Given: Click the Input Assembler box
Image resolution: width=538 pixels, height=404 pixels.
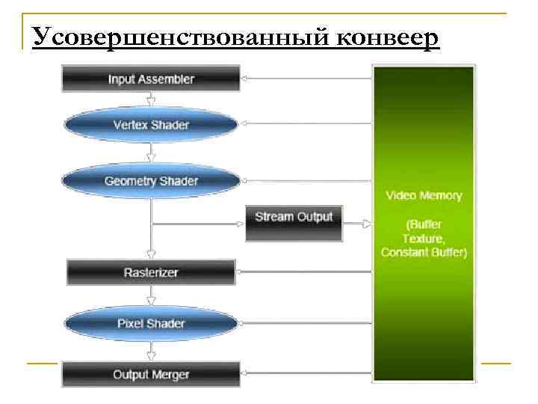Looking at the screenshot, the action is (151, 79).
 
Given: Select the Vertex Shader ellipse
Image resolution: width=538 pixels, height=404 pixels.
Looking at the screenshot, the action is (151, 125).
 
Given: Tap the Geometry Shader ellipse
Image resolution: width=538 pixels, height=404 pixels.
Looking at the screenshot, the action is (151, 181).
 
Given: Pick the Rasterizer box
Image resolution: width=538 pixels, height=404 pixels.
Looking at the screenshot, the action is (151, 272).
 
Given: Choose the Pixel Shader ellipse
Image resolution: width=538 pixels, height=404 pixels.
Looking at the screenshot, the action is (151, 323).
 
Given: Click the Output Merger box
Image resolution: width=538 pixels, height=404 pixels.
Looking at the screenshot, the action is (151, 374).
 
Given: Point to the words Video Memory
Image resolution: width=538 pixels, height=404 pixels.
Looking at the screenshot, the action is (424, 196).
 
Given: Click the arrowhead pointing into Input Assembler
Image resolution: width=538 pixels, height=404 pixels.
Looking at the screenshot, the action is (245, 78).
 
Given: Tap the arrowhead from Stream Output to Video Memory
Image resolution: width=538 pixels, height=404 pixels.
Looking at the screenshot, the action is (368, 223).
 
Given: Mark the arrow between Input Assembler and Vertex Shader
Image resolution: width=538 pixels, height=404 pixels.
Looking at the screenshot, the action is (151, 100).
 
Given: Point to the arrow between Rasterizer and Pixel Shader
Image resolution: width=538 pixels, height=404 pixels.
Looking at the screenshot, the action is (151, 296).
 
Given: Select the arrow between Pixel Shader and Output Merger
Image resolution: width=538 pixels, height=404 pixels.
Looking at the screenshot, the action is (151, 349).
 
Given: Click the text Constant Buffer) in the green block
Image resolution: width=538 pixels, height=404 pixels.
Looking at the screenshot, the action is (424, 253).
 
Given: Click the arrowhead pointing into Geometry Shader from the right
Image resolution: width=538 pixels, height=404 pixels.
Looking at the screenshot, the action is (245, 181).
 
